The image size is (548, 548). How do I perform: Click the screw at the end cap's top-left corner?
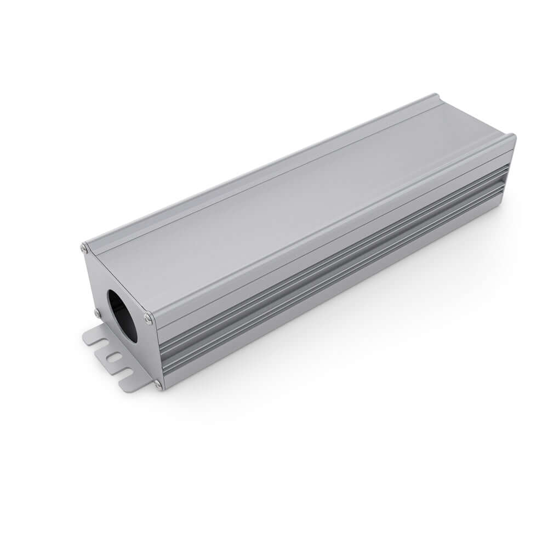[x=84, y=248]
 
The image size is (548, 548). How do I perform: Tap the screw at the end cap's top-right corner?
[x=148, y=318]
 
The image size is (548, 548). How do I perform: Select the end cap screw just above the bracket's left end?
[x=97, y=313]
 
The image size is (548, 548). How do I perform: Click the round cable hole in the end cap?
[x=122, y=316]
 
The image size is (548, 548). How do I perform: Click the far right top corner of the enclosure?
[x=513, y=136]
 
